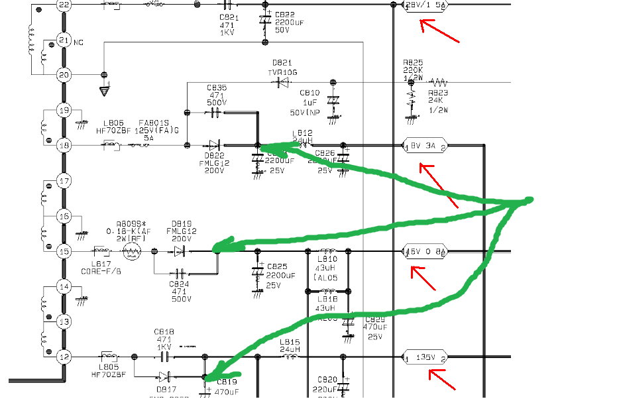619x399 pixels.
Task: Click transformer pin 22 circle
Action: pyautogui.click(x=64, y=5)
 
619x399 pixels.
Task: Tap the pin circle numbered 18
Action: pyautogui.click(x=64, y=144)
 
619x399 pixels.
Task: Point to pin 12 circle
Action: pyautogui.click(x=64, y=357)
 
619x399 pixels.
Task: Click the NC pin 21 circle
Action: pyautogui.click(x=64, y=40)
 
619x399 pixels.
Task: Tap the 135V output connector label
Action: pyautogui.click(x=425, y=357)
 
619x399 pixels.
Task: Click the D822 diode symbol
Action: pyautogui.click(x=213, y=144)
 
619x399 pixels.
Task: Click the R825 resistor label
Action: pyautogui.click(x=413, y=64)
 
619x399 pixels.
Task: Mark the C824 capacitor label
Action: pyautogui.click(x=180, y=284)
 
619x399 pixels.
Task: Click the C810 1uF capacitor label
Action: pyautogui.click(x=309, y=93)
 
